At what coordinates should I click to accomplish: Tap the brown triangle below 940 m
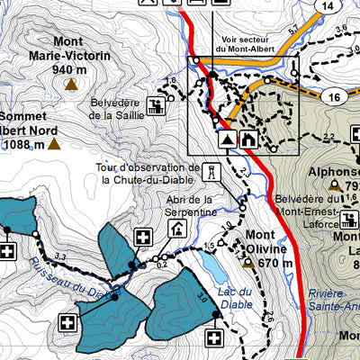click(69, 85)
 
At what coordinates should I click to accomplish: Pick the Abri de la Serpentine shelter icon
click(177, 229)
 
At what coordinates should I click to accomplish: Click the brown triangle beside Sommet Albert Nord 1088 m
click(54, 142)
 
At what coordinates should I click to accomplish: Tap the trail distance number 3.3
click(61, 257)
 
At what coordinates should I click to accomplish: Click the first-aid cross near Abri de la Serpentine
click(142, 238)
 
